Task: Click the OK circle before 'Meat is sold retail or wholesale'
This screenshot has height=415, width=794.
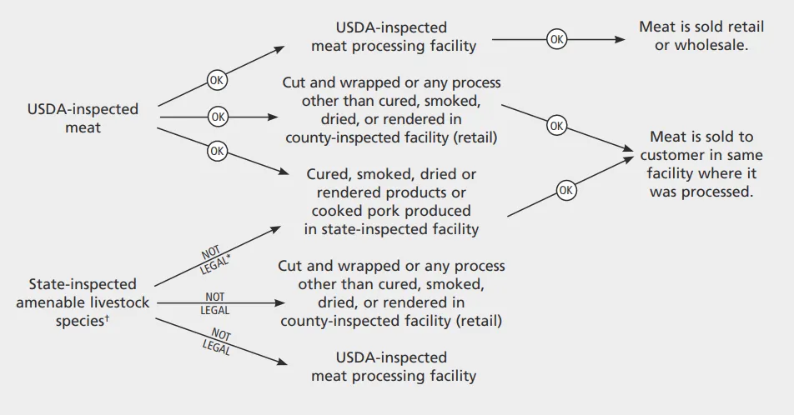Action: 557,39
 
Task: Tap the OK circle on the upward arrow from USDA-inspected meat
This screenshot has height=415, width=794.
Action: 217,81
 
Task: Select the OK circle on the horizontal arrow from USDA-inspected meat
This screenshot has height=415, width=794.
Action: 217,117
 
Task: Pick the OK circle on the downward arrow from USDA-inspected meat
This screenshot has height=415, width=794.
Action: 217,151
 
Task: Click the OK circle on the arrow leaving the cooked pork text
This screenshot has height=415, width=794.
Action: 566,191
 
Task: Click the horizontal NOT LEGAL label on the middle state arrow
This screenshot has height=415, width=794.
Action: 215,302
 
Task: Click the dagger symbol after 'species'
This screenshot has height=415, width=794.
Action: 108,318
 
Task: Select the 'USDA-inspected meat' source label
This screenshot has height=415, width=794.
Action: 83,118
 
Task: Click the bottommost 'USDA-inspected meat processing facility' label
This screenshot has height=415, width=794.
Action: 394,366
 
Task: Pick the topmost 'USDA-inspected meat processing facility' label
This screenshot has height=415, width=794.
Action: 394,37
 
